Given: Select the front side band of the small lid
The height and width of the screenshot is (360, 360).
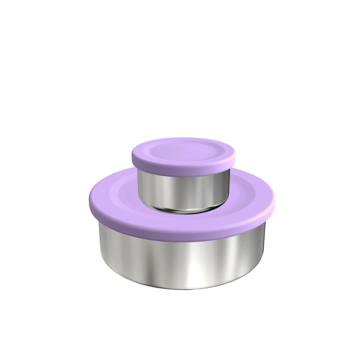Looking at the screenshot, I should [x=184, y=172].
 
